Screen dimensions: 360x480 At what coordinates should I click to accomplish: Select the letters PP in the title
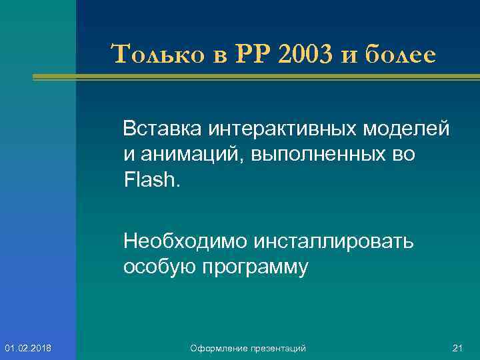pyautogui.click(x=253, y=55)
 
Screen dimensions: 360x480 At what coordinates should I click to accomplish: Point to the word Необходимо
pyautogui.click(x=177, y=241)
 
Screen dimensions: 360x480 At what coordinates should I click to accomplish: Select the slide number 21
pyautogui.click(x=457, y=349)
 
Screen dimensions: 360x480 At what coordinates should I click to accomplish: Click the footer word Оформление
pyautogui.click(x=215, y=349)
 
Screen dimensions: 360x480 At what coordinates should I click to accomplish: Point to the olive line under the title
pyautogui.click(x=267, y=77)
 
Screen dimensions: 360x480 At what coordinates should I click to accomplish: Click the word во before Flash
pyautogui.click(x=403, y=155)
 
